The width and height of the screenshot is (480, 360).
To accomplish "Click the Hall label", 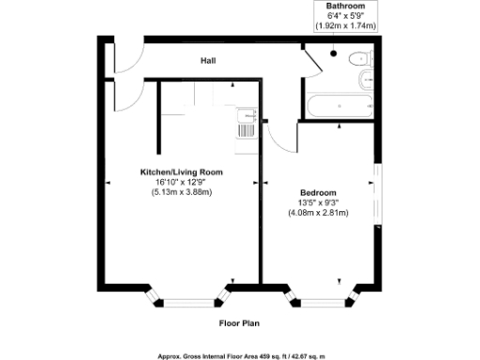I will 208,62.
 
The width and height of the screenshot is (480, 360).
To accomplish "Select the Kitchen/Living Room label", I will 182,173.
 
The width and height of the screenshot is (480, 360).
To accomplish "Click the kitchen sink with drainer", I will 247,122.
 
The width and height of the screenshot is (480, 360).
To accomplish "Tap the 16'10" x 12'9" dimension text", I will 182,183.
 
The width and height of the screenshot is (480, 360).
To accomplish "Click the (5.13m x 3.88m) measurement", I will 182,192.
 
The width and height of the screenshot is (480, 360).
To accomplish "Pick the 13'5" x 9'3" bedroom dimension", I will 318,203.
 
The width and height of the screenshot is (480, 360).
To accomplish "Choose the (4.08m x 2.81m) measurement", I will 318,213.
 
